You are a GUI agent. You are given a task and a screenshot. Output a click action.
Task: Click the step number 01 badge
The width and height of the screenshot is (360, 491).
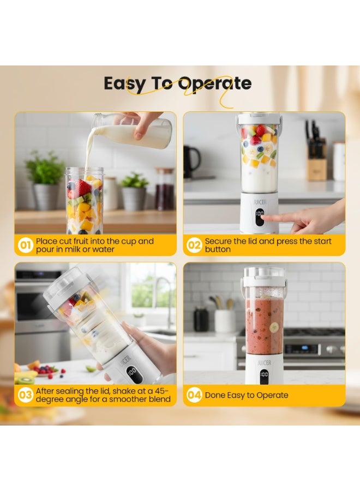25,245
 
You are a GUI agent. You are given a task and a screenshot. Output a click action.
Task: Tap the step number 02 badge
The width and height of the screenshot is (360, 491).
194,245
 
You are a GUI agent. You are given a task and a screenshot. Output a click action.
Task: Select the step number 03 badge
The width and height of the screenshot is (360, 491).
25,395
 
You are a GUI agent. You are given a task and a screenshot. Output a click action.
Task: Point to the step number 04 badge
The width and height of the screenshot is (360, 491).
194,395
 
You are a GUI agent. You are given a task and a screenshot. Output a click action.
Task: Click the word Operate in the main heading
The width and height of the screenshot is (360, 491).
215,84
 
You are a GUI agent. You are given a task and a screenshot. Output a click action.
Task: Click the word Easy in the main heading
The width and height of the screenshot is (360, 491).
124,84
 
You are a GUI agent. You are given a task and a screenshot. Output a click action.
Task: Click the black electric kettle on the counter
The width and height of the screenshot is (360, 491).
191,162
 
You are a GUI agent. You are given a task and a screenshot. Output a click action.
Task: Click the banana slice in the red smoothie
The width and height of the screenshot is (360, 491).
274,327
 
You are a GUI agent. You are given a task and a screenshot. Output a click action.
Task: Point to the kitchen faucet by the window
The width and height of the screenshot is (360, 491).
164,301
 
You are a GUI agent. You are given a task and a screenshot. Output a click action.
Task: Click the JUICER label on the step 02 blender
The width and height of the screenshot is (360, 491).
260,202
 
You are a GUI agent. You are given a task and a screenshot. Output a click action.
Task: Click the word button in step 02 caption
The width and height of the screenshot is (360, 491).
218,249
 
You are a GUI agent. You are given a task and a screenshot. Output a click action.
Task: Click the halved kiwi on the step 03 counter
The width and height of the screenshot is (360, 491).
26,380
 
